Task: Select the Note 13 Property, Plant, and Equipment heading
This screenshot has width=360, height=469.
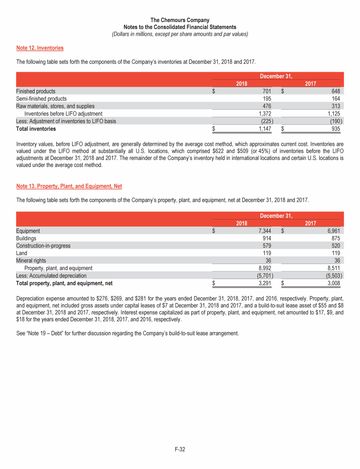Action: [x=69, y=186]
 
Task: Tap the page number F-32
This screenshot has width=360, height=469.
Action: [x=180, y=450]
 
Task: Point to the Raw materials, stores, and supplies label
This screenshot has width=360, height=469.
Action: [x=55, y=106]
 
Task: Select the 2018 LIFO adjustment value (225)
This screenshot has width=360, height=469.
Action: [x=264, y=121]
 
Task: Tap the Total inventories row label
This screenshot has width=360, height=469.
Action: [x=36, y=129]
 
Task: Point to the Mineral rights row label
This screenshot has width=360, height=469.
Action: [x=31, y=261]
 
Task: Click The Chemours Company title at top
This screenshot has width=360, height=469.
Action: [x=180, y=21]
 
